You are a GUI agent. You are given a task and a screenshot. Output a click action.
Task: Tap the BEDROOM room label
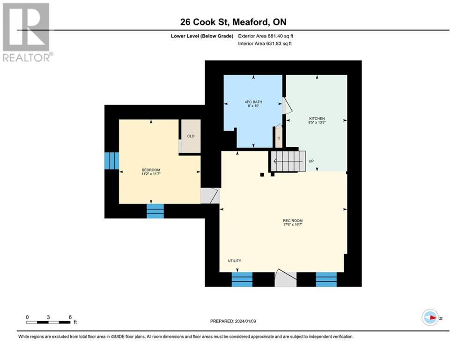(x=151, y=170)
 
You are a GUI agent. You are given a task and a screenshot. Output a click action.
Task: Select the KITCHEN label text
(x=317, y=118)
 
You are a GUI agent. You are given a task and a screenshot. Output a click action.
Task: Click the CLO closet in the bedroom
(x=191, y=136)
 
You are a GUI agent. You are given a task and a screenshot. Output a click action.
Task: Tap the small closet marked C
(x=278, y=138)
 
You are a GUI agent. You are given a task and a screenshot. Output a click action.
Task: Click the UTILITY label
(x=235, y=261)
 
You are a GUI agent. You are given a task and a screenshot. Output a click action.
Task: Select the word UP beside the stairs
(x=311, y=161)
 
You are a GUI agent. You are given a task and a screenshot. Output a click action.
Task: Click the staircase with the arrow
(x=287, y=161)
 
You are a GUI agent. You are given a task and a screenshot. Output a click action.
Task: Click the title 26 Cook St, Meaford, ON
(x=233, y=22)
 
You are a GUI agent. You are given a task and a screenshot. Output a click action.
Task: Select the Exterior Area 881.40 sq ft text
(x=266, y=36)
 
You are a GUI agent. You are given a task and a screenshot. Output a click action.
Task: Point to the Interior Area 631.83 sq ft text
(x=266, y=44)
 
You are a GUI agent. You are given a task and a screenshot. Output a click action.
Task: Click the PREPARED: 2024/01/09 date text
(x=233, y=321)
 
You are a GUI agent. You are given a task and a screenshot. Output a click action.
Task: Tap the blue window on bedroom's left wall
(x=111, y=161)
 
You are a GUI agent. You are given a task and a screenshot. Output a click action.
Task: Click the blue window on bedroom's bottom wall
(x=155, y=211)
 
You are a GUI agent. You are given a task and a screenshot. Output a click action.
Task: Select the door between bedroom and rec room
(x=209, y=196)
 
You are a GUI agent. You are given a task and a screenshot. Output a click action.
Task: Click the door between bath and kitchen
(x=287, y=106)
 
